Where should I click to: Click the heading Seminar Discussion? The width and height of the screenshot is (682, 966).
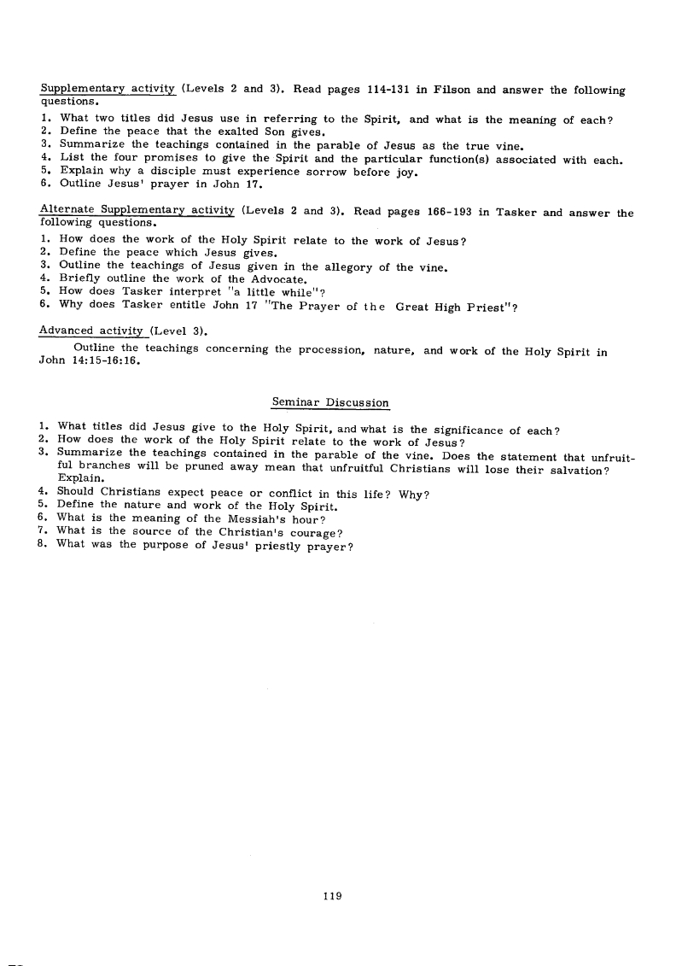[329, 402]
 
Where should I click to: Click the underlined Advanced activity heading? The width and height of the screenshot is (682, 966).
[93, 331]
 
